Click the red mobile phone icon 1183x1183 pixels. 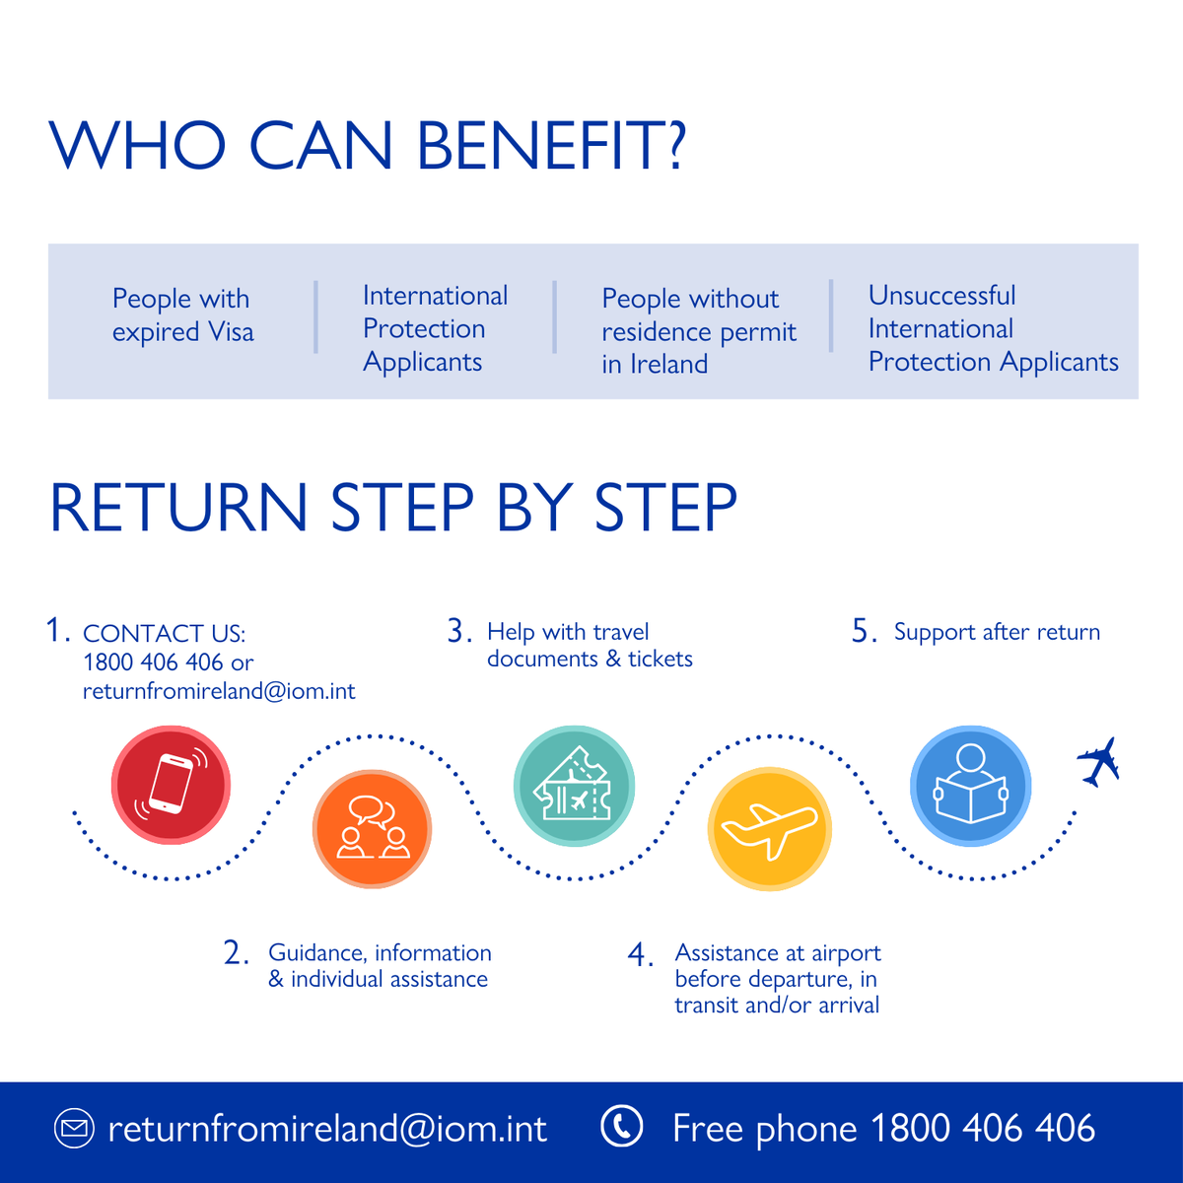point(171,785)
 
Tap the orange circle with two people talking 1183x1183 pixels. point(372,828)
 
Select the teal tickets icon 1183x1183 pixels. point(573,786)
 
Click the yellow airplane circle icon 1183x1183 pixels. point(769,829)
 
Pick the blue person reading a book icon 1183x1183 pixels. point(970,786)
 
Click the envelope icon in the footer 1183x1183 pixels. point(74,1128)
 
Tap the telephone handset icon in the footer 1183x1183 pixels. point(622,1127)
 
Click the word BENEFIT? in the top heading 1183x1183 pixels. point(551,146)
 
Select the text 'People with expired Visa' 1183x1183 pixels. point(182,315)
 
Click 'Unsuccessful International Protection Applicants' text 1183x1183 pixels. point(992,329)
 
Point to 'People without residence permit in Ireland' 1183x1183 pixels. point(698,331)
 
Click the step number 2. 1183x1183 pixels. point(236,953)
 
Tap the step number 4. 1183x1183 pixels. point(640,955)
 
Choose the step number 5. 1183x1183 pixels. point(864,632)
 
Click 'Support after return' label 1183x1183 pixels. point(997,632)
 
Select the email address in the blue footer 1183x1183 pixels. point(327,1129)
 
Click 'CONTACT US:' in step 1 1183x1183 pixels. point(164,633)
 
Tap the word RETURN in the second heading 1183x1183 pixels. point(178,509)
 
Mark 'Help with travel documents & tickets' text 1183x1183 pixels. point(589,645)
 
